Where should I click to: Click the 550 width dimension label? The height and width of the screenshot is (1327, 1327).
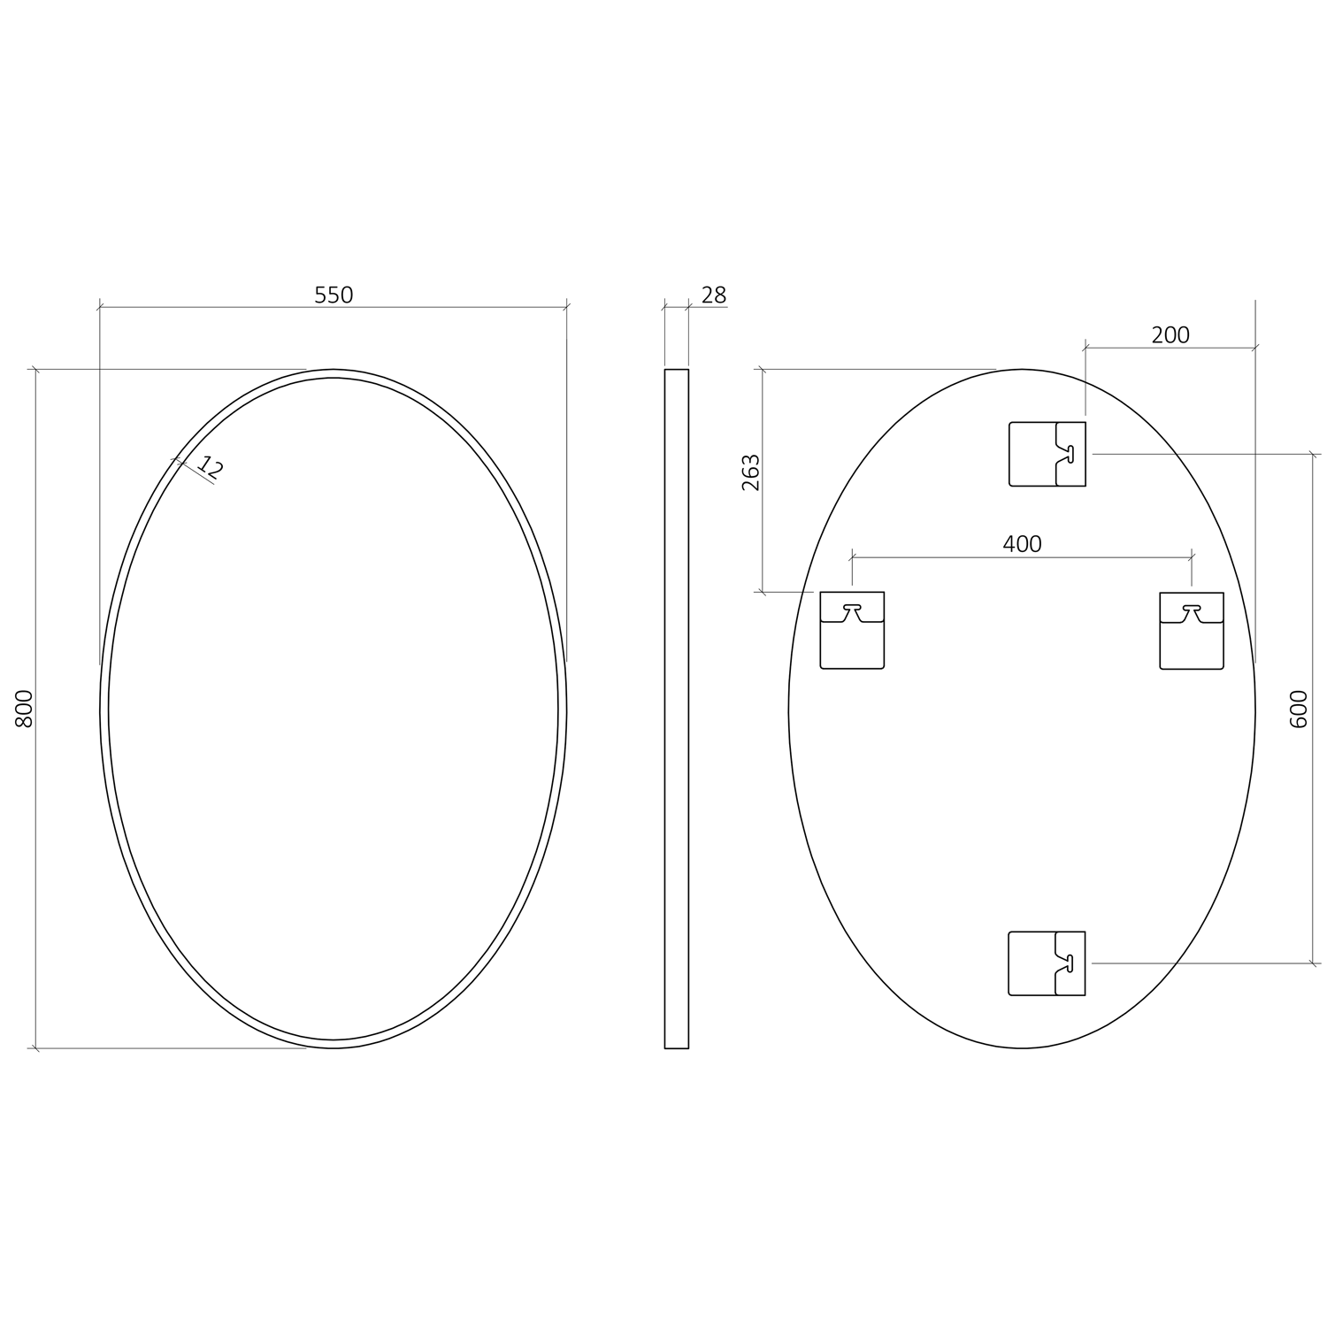(x=334, y=295)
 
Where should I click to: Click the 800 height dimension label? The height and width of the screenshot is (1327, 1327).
(x=25, y=708)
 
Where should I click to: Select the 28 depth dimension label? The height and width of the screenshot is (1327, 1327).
(x=713, y=295)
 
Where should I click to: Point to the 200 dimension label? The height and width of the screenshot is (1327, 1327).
(x=1170, y=334)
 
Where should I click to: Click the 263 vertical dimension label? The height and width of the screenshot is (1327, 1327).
(x=750, y=472)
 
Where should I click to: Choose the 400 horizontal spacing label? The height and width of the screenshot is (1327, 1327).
(x=1022, y=543)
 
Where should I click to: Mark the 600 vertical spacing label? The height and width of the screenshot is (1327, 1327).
(x=1299, y=708)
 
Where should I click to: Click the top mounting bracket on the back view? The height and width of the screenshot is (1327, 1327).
(x=1047, y=454)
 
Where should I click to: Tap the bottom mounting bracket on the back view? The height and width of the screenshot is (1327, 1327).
(x=1047, y=963)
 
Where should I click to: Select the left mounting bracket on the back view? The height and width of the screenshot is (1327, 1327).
(x=852, y=630)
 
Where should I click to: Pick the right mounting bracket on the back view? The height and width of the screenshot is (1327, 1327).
(x=1192, y=630)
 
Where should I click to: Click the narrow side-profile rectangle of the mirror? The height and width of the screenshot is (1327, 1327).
(x=676, y=708)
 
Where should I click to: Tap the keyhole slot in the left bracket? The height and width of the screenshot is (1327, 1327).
(x=852, y=610)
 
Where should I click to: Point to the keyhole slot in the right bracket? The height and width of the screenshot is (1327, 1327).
(x=1192, y=610)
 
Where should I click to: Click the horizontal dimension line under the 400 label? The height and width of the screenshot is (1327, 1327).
(x=1022, y=557)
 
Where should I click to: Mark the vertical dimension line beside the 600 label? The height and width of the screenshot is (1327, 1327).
(x=1312, y=796)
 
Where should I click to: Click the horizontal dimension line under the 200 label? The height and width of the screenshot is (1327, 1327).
(x=1170, y=348)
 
